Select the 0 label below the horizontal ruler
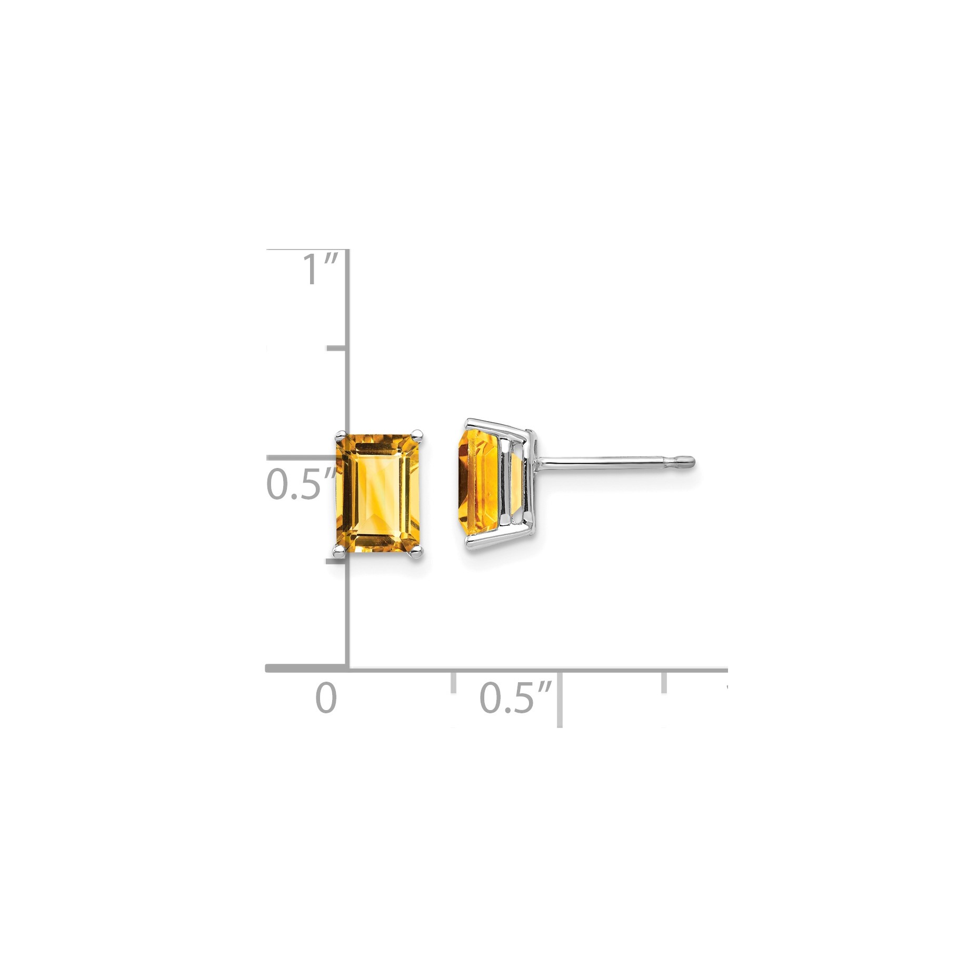326,698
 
